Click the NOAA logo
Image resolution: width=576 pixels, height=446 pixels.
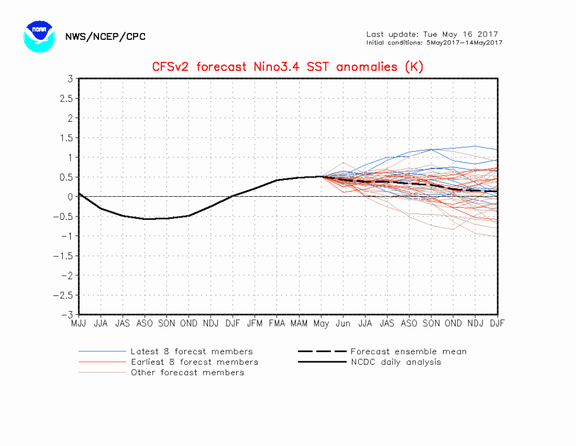pyautogui.click(x=39, y=36)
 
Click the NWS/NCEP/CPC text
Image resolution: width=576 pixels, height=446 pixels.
pyautogui.click(x=105, y=37)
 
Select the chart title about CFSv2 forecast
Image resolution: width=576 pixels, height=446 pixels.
pyautogui.click(x=287, y=67)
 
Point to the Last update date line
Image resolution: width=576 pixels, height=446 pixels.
pyautogui.click(x=432, y=34)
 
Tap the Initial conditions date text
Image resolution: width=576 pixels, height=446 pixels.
pyautogui.click(x=434, y=43)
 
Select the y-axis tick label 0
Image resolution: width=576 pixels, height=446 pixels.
pyautogui.click(x=70, y=197)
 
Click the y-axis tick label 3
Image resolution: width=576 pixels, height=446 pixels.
pyautogui.click(x=70, y=78)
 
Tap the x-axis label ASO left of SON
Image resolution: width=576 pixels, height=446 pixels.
pyautogui.click(x=145, y=324)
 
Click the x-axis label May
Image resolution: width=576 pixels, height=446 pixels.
pyautogui.click(x=321, y=324)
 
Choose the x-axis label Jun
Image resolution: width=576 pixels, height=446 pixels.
pyautogui.click(x=343, y=324)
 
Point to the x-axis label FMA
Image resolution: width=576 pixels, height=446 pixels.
pyautogui.click(x=277, y=324)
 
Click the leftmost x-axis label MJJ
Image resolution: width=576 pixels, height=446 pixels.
pyautogui.click(x=79, y=324)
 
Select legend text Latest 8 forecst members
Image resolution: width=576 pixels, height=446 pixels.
pyautogui.click(x=191, y=351)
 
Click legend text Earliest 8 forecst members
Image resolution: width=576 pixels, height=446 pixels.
pyautogui.click(x=194, y=362)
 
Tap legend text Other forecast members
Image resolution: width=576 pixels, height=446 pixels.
pyautogui.click(x=187, y=372)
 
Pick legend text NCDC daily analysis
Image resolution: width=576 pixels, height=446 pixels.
pyautogui.click(x=396, y=362)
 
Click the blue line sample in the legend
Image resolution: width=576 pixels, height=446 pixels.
pyautogui.click(x=102, y=351)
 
